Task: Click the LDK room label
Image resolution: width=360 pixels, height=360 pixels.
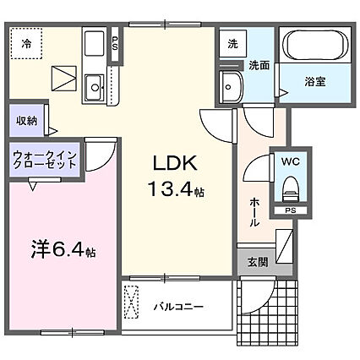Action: click(175, 163)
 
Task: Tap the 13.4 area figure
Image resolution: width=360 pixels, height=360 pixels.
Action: click(172, 188)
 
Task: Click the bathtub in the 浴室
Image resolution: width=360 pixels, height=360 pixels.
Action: click(315, 44)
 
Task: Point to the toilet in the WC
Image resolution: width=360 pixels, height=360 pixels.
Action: click(289, 189)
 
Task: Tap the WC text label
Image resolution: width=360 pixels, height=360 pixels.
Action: click(291, 161)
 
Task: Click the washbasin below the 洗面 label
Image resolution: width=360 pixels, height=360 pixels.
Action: click(232, 87)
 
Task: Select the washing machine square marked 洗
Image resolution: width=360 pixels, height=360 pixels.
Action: click(232, 44)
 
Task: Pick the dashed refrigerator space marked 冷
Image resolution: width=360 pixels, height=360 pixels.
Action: click(26, 43)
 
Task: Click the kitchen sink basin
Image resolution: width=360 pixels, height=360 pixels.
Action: click(95, 88)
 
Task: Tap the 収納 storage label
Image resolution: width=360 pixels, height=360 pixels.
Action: click(26, 121)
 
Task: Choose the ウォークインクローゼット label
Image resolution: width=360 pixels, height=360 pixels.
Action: click(45, 160)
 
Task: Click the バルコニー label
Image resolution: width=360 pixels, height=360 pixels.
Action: click(178, 306)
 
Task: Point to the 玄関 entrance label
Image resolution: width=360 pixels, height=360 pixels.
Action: click(258, 262)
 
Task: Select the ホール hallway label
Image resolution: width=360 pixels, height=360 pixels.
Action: click(254, 212)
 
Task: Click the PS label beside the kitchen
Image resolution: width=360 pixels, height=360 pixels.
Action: click(115, 43)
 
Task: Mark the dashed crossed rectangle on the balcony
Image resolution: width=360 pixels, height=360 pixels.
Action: click(131, 302)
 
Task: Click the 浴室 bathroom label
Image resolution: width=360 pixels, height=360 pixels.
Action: click(315, 82)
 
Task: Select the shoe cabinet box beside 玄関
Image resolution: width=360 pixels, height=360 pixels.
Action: click(284, 246)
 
